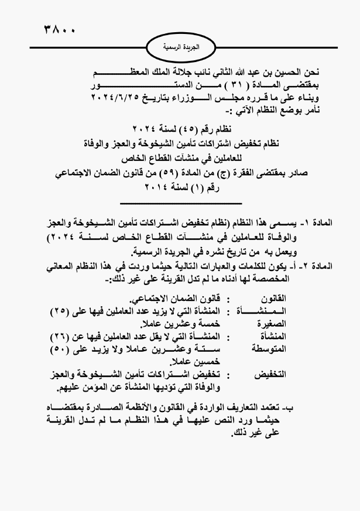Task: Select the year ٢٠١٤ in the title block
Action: coord(161,187)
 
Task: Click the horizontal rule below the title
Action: coord(180,203)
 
